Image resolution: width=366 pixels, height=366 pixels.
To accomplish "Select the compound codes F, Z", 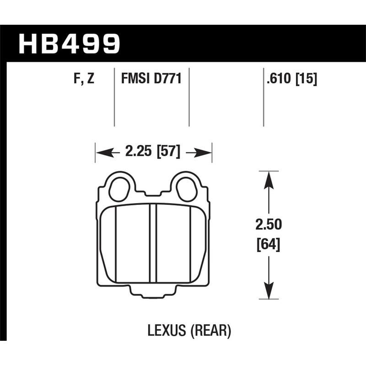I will coord(83,80).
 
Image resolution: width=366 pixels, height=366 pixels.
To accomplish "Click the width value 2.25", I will coord(139,151).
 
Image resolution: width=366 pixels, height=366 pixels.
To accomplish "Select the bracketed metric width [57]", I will coord(168,151).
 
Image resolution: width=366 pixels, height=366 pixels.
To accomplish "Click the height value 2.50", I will coord(269,225).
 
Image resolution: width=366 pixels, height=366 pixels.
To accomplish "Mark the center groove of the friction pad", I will coord(153,247).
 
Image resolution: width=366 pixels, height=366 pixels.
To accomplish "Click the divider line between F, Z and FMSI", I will coord(114,98).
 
